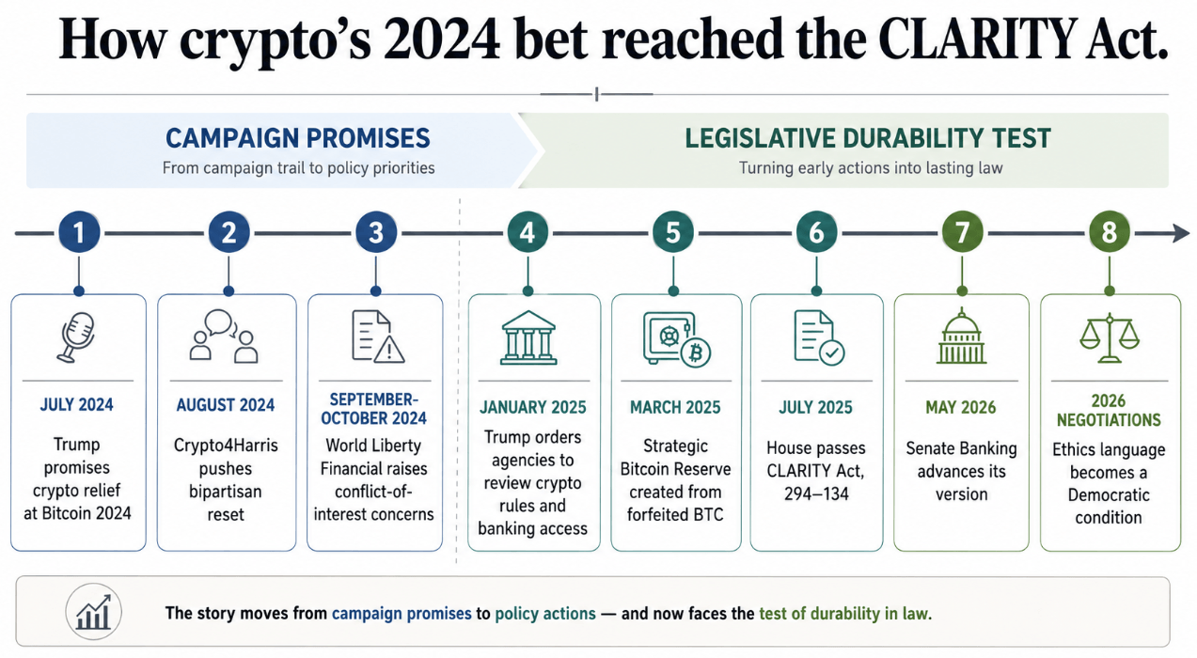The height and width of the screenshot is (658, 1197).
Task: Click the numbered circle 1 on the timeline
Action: (x=79, y=232)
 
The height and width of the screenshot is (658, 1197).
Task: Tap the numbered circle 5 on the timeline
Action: (x=672, y=232)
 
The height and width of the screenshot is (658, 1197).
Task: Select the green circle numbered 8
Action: (x=1110, y=232)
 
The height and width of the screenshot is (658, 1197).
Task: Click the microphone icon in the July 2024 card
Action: (x=76, y=337)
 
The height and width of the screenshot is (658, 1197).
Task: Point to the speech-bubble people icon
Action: (x=224, y=337)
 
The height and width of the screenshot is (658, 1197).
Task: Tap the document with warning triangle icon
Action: (x=378, y=337)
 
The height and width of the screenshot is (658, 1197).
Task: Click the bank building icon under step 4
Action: (x=528, y=337)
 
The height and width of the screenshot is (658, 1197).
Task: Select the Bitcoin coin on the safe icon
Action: (x=696, y=353)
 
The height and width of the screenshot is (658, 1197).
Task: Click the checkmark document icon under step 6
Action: (x=819, y=338)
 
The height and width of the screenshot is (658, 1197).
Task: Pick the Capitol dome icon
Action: (x=961, y=336)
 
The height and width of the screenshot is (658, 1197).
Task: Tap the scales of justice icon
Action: (x=1110, y=337)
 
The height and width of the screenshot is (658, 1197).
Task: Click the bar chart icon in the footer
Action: (x=93, y=612)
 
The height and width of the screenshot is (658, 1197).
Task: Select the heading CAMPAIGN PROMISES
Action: (x=298, y=138)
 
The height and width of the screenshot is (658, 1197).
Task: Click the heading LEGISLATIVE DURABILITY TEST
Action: (x=868, y=138)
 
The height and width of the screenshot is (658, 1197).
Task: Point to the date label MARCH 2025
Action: (x=675, y=408)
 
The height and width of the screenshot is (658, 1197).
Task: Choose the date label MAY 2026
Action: (x=961, y=408)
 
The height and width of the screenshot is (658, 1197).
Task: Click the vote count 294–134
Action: (x=816, y=493)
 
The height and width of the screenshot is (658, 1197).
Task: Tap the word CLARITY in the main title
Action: (x=977, y=39)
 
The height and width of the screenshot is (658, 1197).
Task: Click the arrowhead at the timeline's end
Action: (x=1181, y=233)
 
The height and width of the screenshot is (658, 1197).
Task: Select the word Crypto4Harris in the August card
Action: (x=226, y=446)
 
